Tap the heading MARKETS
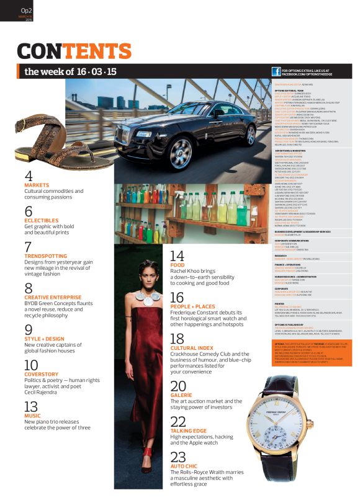point(37,185)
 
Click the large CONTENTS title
point(74,51)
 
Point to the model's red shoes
point(146,463)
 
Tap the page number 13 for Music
point(31,407)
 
